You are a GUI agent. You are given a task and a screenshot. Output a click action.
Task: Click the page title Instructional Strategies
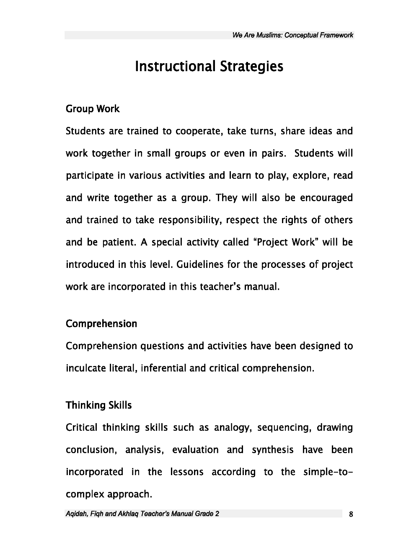[209, 67]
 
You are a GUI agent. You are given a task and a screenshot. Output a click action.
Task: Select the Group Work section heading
[93, 109]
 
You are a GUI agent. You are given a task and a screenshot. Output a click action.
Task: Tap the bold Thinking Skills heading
[99, 405]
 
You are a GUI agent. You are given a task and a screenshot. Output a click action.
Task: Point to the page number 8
[351, 514]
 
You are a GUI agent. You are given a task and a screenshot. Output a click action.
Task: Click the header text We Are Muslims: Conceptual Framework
[292, 35]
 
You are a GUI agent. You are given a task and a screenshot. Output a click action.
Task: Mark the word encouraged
[326, 198]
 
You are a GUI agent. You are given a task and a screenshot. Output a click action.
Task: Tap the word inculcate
[86, 368]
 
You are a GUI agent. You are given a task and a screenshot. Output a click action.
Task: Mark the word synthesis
[273, 450]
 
